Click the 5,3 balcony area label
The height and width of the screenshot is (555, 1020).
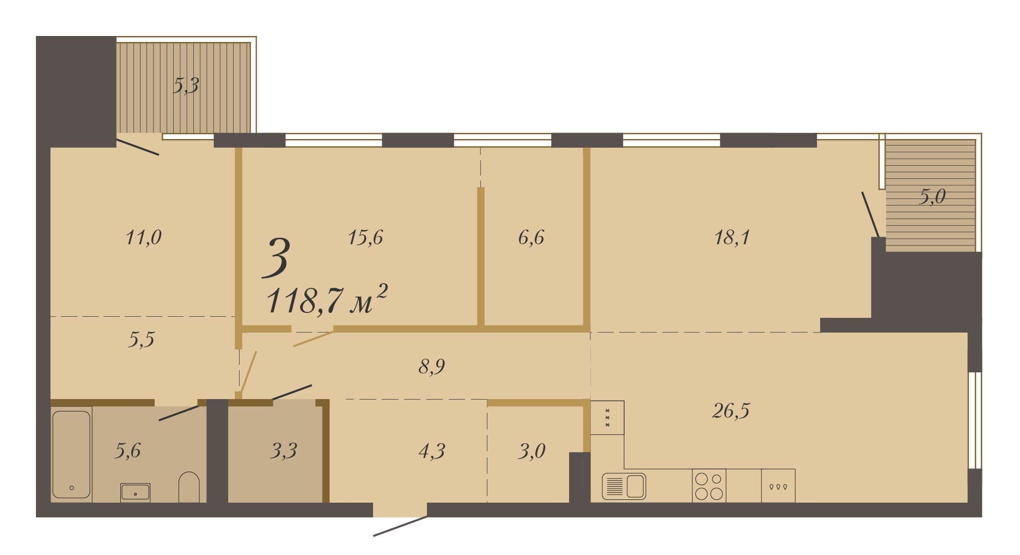[186, 86]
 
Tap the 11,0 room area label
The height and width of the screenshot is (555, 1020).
[143, 238]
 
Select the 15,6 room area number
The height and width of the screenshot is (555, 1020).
[365, 238]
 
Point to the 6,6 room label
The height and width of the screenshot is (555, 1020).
[531, 238]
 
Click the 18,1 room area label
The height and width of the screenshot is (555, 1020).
[732, 238]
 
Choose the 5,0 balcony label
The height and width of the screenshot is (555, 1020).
[932, 197]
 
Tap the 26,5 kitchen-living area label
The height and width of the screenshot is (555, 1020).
[731, 411]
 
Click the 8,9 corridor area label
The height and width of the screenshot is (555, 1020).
[431, 366]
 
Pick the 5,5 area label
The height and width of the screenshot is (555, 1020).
[141, 340]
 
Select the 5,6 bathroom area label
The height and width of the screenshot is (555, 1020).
[127, 451]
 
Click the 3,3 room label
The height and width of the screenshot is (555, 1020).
[283, 451]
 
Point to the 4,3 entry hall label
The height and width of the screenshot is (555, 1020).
[432, 451]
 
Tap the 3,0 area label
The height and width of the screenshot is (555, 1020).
[532, 451]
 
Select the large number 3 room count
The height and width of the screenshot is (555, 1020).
[276, 257]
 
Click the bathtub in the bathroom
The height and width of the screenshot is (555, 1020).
[71, 455]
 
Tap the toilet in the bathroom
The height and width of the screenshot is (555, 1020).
[189, 487]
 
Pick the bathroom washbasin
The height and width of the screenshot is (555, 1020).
[135, 492]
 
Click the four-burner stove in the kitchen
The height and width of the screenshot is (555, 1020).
[709, 486]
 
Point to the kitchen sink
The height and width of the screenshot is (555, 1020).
[624, 486]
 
